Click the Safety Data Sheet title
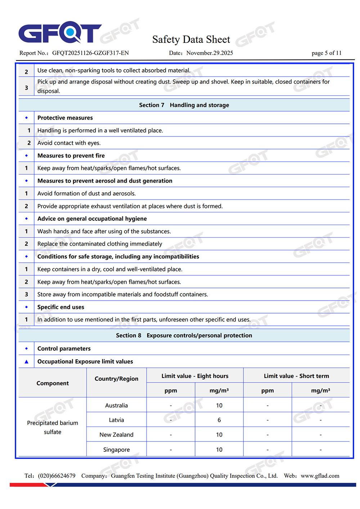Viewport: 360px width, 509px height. click(191, 39)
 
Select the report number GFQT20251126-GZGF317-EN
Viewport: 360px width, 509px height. click(90, 53)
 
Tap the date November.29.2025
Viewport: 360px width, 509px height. click(210, 53)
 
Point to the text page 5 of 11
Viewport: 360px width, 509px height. click(326, 53)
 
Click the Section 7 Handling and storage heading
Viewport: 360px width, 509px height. click(184, 105)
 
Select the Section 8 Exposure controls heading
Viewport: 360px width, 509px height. click(184, 335)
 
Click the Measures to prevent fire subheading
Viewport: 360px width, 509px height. click(71, 156)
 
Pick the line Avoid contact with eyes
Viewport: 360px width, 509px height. click(69, 143)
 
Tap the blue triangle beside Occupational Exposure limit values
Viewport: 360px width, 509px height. click(26, 361)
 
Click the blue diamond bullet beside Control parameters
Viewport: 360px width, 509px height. click(26, 348)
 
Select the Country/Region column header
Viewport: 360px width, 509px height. click(116, 379)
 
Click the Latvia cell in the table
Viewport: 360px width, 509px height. click(116, 420)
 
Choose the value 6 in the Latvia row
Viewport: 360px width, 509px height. click(219, 420)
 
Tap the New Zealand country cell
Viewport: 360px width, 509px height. click(116, 435)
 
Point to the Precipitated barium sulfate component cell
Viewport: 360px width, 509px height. click(53, 427)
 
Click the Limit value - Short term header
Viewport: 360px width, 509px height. click(296, 376)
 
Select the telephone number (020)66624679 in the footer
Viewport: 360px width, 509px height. click(57, 476)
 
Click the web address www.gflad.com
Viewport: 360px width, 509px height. click(320, 476)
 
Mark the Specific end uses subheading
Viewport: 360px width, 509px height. click(61, 307)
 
